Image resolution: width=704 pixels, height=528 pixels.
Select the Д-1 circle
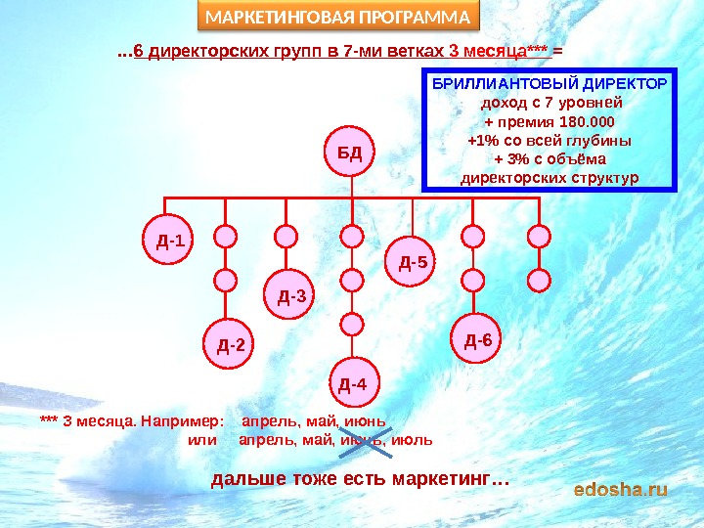click(168, 238)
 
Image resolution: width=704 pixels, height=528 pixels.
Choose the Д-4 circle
click(352, 382)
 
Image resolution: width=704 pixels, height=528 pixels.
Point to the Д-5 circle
click(414, 261)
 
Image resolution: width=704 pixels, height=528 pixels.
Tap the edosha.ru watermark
click(620, 488)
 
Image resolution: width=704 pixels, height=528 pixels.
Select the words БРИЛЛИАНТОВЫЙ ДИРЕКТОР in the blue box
click(550, 85)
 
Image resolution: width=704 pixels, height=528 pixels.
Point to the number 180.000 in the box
click(584, 122)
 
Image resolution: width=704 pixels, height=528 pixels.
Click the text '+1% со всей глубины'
click(550, 141)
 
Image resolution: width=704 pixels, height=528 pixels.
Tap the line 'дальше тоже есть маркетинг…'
click(360, 480)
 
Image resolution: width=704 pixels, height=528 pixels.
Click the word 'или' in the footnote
click(201, 440)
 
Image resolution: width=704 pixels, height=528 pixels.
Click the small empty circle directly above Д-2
click(226, 281)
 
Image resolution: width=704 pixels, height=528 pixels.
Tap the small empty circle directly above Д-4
click(352, 322)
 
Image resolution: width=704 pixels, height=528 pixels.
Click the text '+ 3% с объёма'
click(550, 159)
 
